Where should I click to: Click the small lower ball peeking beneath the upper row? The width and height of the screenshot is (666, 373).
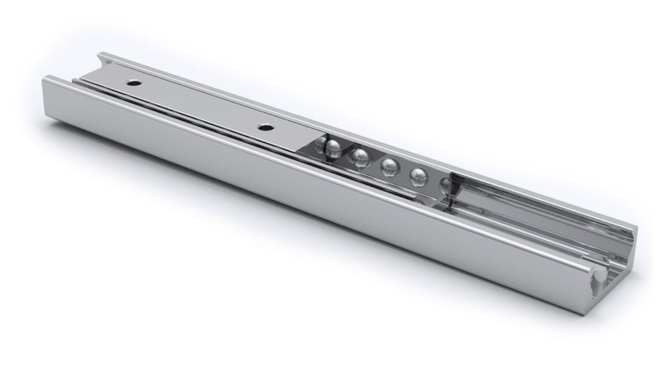(x=420, y=200)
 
